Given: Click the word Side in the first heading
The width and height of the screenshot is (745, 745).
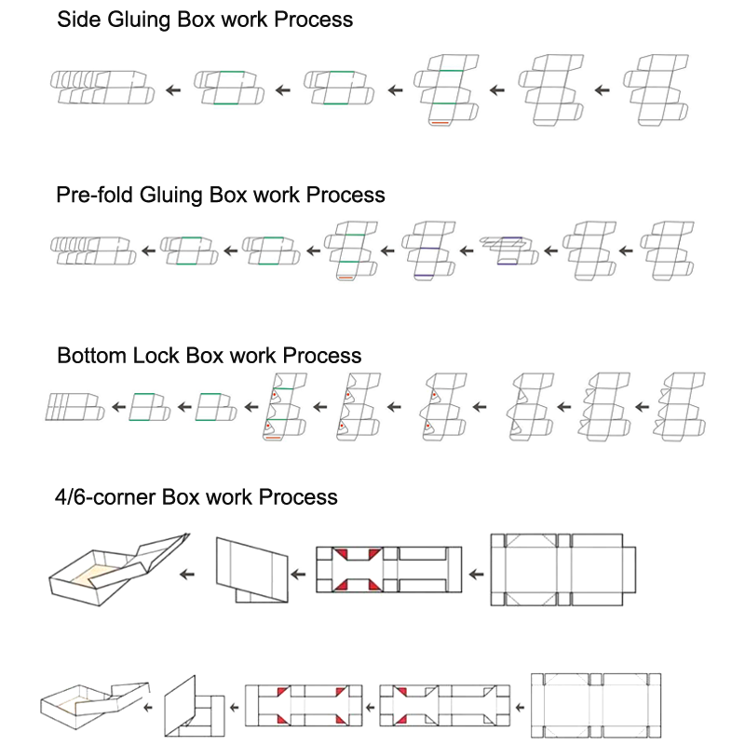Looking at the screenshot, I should (77, 20).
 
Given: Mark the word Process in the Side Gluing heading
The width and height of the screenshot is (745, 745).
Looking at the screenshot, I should (314, 20).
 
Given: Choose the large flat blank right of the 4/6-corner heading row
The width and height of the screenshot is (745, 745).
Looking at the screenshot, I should (564, 569).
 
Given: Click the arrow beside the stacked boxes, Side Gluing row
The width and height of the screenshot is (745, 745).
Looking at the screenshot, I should (172, 90).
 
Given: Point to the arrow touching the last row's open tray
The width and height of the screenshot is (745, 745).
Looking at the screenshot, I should (150, 708).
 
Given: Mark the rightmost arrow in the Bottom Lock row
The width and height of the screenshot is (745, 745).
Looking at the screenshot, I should (642, 407).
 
